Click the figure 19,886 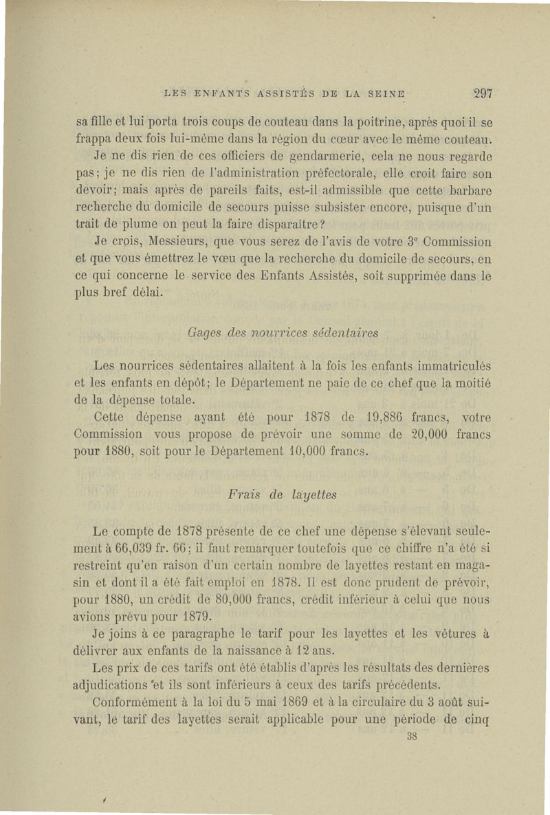click(386, 417)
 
